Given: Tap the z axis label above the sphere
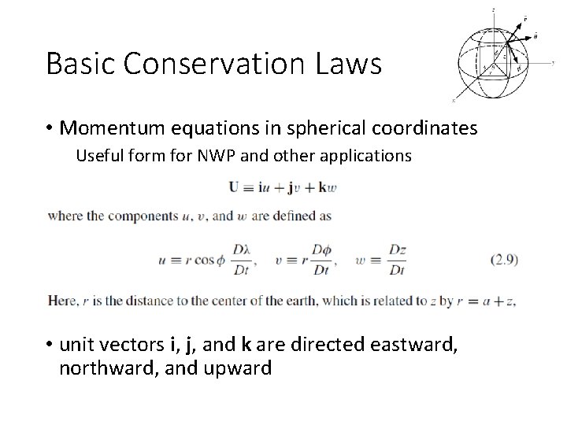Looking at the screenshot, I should (x=493, y=9).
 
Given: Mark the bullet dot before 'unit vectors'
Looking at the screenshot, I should (x=50, y=345).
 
